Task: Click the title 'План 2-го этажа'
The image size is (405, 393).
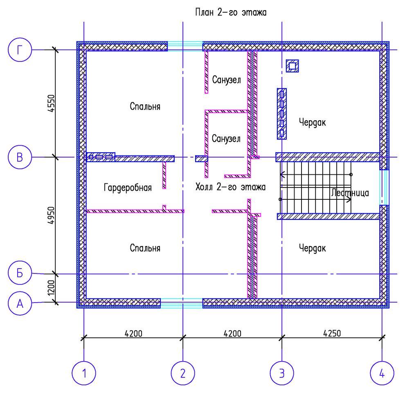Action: pyautogui.click(x=231, y=12)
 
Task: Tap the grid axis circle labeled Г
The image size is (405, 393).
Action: pyautogui.click(x=20, y=50)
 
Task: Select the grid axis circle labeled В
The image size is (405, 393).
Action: pyautogui.click(x=20, y=157)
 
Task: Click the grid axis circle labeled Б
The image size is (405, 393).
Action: pyautogui.click(x=20, y=273)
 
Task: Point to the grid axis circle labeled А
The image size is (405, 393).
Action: pyautogui.click(x=20, y=303)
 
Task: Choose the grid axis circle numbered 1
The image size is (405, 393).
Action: pyautogui.click(x=84, y=373)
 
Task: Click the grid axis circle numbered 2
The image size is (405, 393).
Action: pyautogui.click(x=183, y=373)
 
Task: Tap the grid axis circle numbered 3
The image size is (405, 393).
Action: pyautogui.click(x=282, y=373)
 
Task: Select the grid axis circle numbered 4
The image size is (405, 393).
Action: pyautogui.click(x=382, y=373)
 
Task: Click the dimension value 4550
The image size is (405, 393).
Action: pyautogui.click(x=52, y=104)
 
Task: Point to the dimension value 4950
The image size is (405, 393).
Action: pyautogui.click(x=52, y=215)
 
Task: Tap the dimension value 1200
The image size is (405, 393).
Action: pyautogui.click(x=52, y=288)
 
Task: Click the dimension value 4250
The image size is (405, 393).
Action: pyautogui.click(x=332, y=333)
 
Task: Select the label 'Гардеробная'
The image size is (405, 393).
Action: pyautogui.click(x=128, y=187)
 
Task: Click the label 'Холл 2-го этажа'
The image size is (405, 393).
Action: pyautogui.click(x=230, y=187)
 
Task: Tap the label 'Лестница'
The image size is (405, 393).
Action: pyautogui.click(x=350, y=193)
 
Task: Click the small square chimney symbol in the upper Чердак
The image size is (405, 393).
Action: pyautogui.click(x=292, y=66)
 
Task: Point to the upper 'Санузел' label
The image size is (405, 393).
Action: pyautogui.click(x=226, y=80)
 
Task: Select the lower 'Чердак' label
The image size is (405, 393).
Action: pyautogui.click(x=312, y=248)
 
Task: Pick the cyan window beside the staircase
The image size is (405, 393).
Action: pyautogui.click(x=384, y=187)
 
